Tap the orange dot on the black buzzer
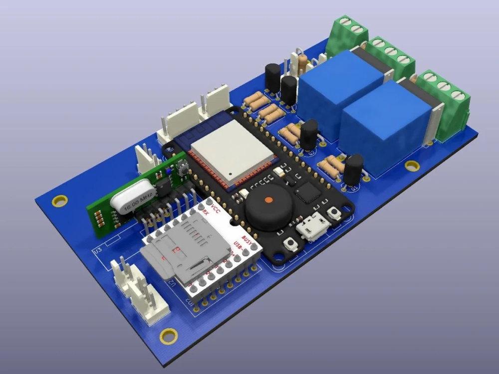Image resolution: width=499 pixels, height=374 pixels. (x=268, y=200)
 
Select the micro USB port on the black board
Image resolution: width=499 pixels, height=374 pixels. (x=312, y=229)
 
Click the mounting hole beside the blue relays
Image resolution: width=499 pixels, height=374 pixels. (x=412, y=165)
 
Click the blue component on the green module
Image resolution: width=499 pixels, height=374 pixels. (x=169, y=171)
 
